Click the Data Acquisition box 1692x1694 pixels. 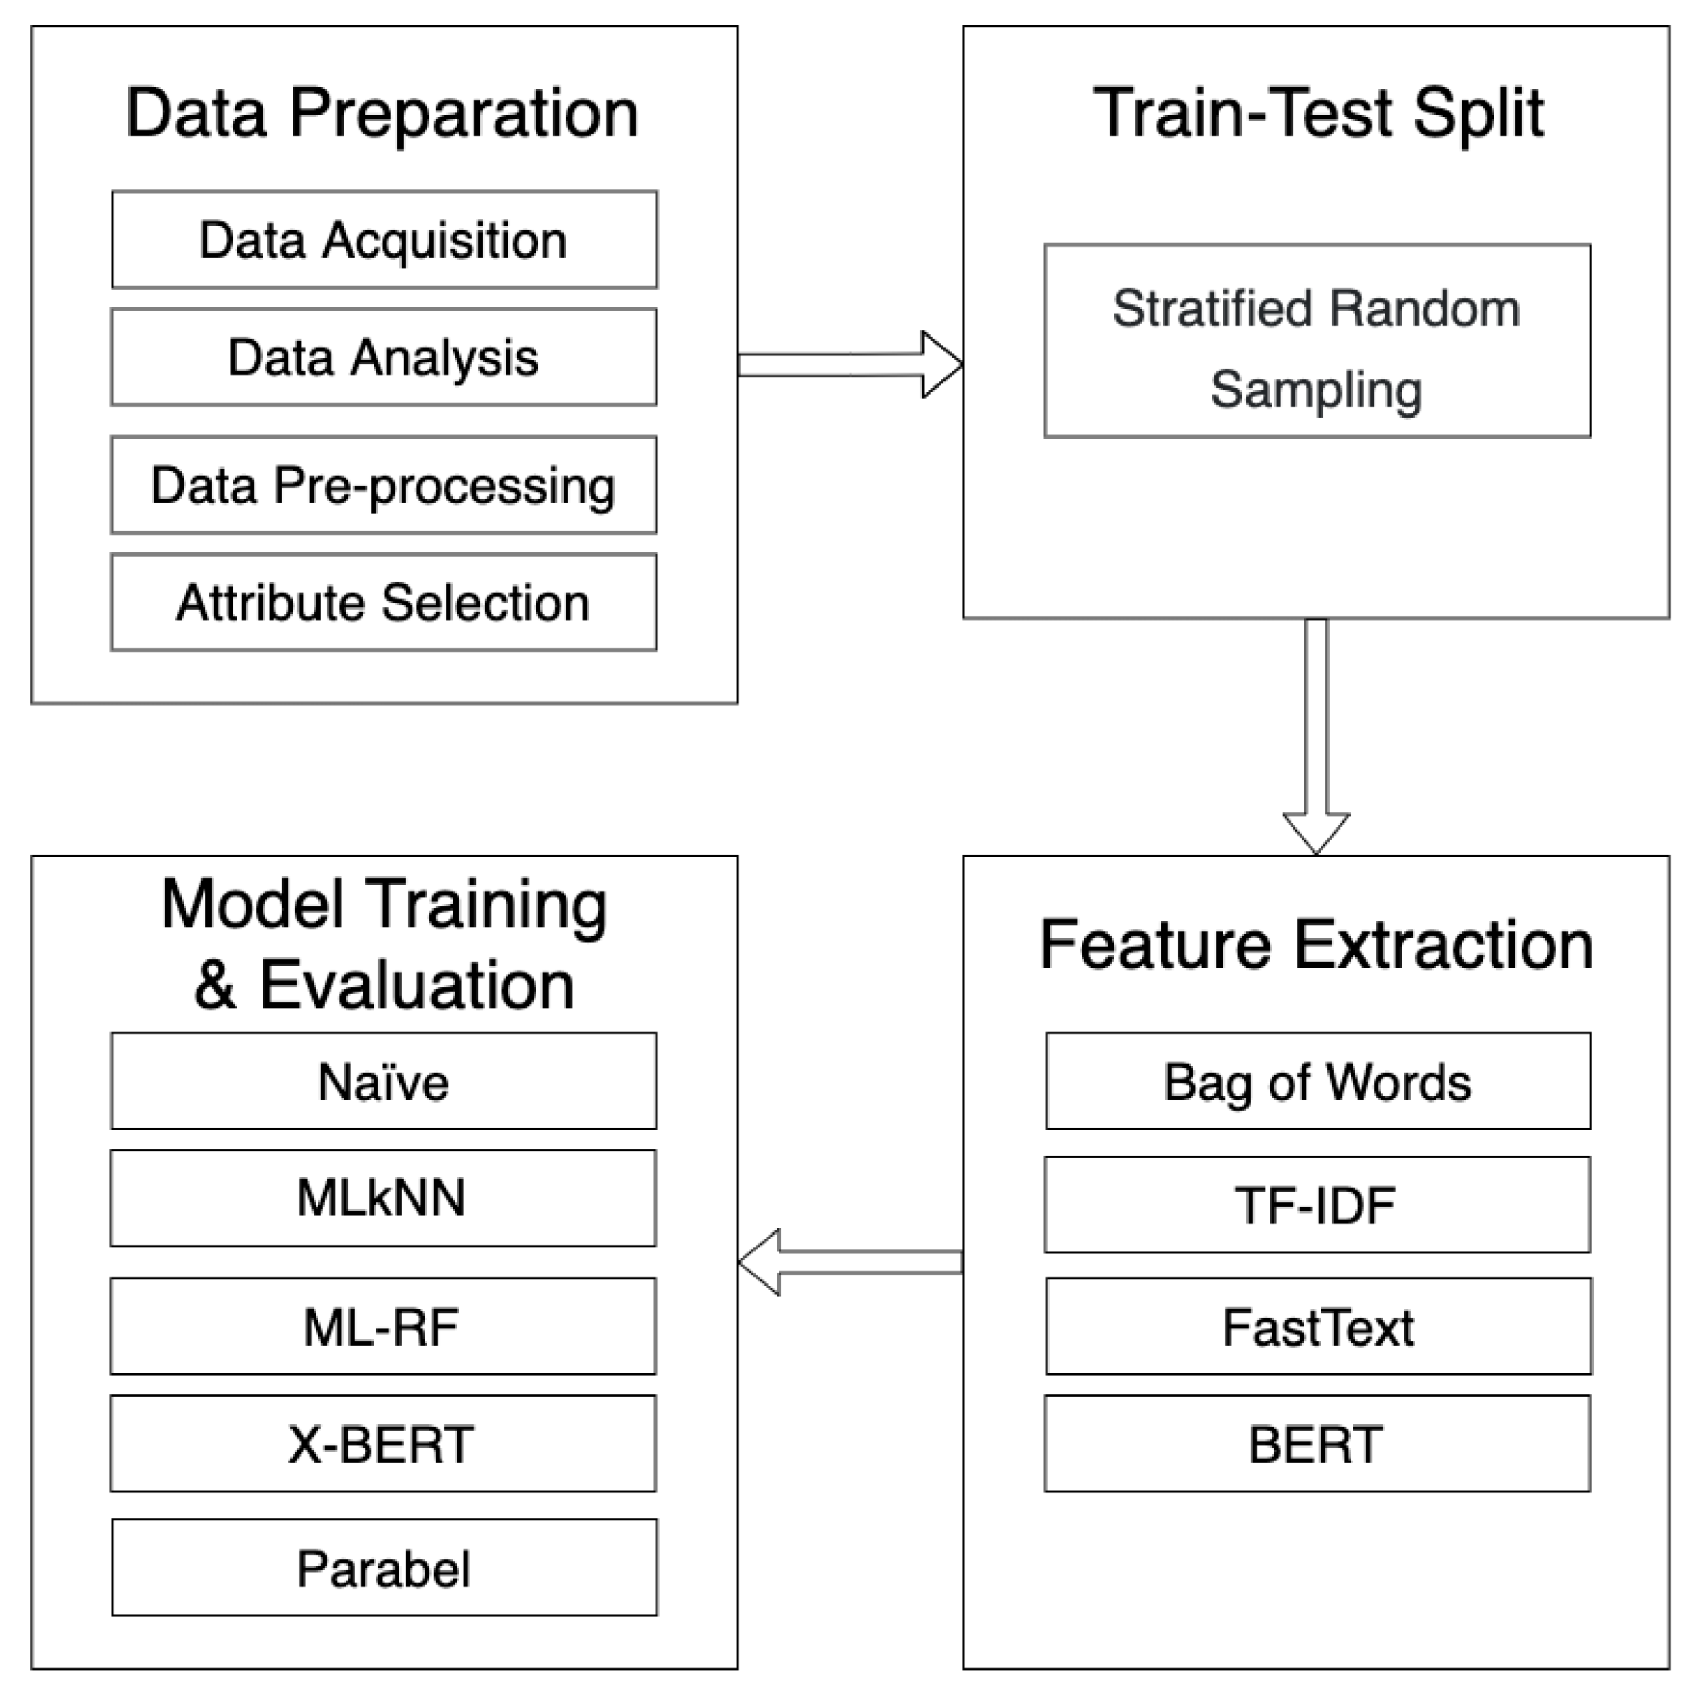click(x=384, y=240)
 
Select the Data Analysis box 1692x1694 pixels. click(x=383, y=357)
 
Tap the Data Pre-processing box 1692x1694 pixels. click(x=383, y=485)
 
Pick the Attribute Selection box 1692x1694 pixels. click(x=383, y=603)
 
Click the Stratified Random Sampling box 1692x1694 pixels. click(x=1317, y=341)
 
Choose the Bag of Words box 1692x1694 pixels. click(x=1318, y=1081)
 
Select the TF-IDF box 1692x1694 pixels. click(x=1317, y=1205)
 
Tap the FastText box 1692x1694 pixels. click(x=1318, y=1327)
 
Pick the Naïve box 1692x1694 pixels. click(x=383, y=1081)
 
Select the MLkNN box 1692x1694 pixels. click(x=382, y=1198)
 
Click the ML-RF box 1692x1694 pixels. click(x=382, y=1327)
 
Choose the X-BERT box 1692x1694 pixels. click(x=382, y=1444)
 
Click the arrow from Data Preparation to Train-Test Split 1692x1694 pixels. click(x=848, y=364)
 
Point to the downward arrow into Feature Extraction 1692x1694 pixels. click(x=1316, y=737)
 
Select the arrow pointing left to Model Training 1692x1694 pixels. click(x=848, y=1262)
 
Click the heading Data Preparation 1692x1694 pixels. click(x=382, y=113)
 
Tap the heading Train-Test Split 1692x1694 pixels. click(x=1317, y=113)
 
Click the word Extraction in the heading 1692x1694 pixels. click(x=1444, y=945)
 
